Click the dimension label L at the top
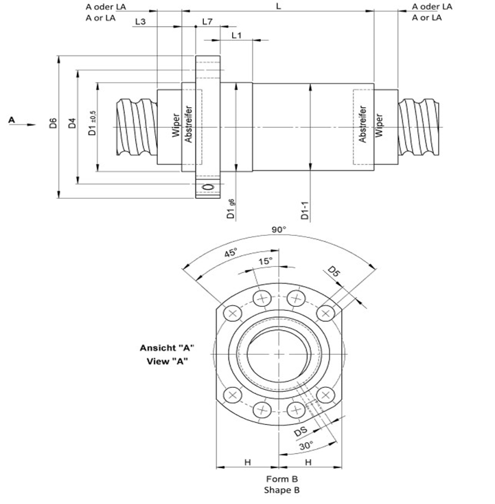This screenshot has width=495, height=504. [277, 5]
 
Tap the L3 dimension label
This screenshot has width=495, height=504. [141, 21]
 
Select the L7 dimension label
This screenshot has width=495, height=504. [207, 21]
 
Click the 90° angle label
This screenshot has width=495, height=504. [278, 230]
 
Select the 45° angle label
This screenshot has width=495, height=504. [231, 253]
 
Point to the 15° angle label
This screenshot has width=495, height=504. [266, 261]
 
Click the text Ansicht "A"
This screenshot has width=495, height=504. [168, 348]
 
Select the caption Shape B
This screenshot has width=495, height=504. [281, 490]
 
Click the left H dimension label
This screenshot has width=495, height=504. [247, 462]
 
